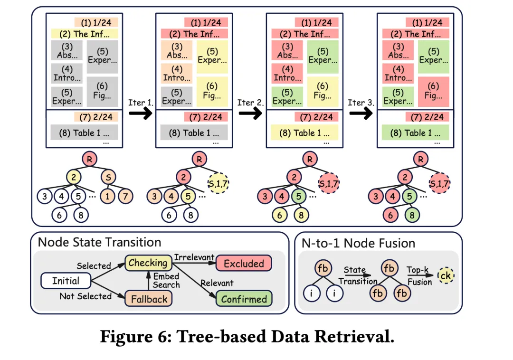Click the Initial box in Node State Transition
(x=66, y=281)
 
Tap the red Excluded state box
(x=244, y=264)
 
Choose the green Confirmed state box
(x=244, y=299)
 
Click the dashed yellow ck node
(x=445, y=276)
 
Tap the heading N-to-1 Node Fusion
(x=358, y=243)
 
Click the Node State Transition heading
(x=99, y=242)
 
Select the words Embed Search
(x=166, y=280)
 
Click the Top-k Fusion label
(x=419, y=276)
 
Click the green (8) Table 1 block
(x=416, y=133)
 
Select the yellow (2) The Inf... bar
(x=84, y=34)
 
